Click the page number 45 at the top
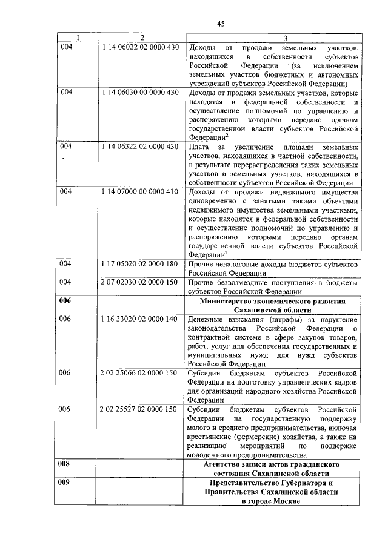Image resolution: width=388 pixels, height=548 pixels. point(221,24)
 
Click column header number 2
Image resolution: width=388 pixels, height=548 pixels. point(141,38)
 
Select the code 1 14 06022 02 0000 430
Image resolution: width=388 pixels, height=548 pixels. point(139,47)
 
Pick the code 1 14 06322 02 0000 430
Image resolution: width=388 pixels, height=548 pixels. point(139,147)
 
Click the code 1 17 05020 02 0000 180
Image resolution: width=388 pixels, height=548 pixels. point(139,265)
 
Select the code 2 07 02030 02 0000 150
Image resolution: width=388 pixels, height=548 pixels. point(139,283)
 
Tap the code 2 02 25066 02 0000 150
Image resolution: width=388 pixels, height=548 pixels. point(139,374)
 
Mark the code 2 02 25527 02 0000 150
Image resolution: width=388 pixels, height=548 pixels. point(139,410)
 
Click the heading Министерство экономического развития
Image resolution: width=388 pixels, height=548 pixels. point(272,301)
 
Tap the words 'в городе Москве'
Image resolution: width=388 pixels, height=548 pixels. point(272,502)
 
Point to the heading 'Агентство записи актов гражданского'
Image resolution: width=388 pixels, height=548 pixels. point(272,464)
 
